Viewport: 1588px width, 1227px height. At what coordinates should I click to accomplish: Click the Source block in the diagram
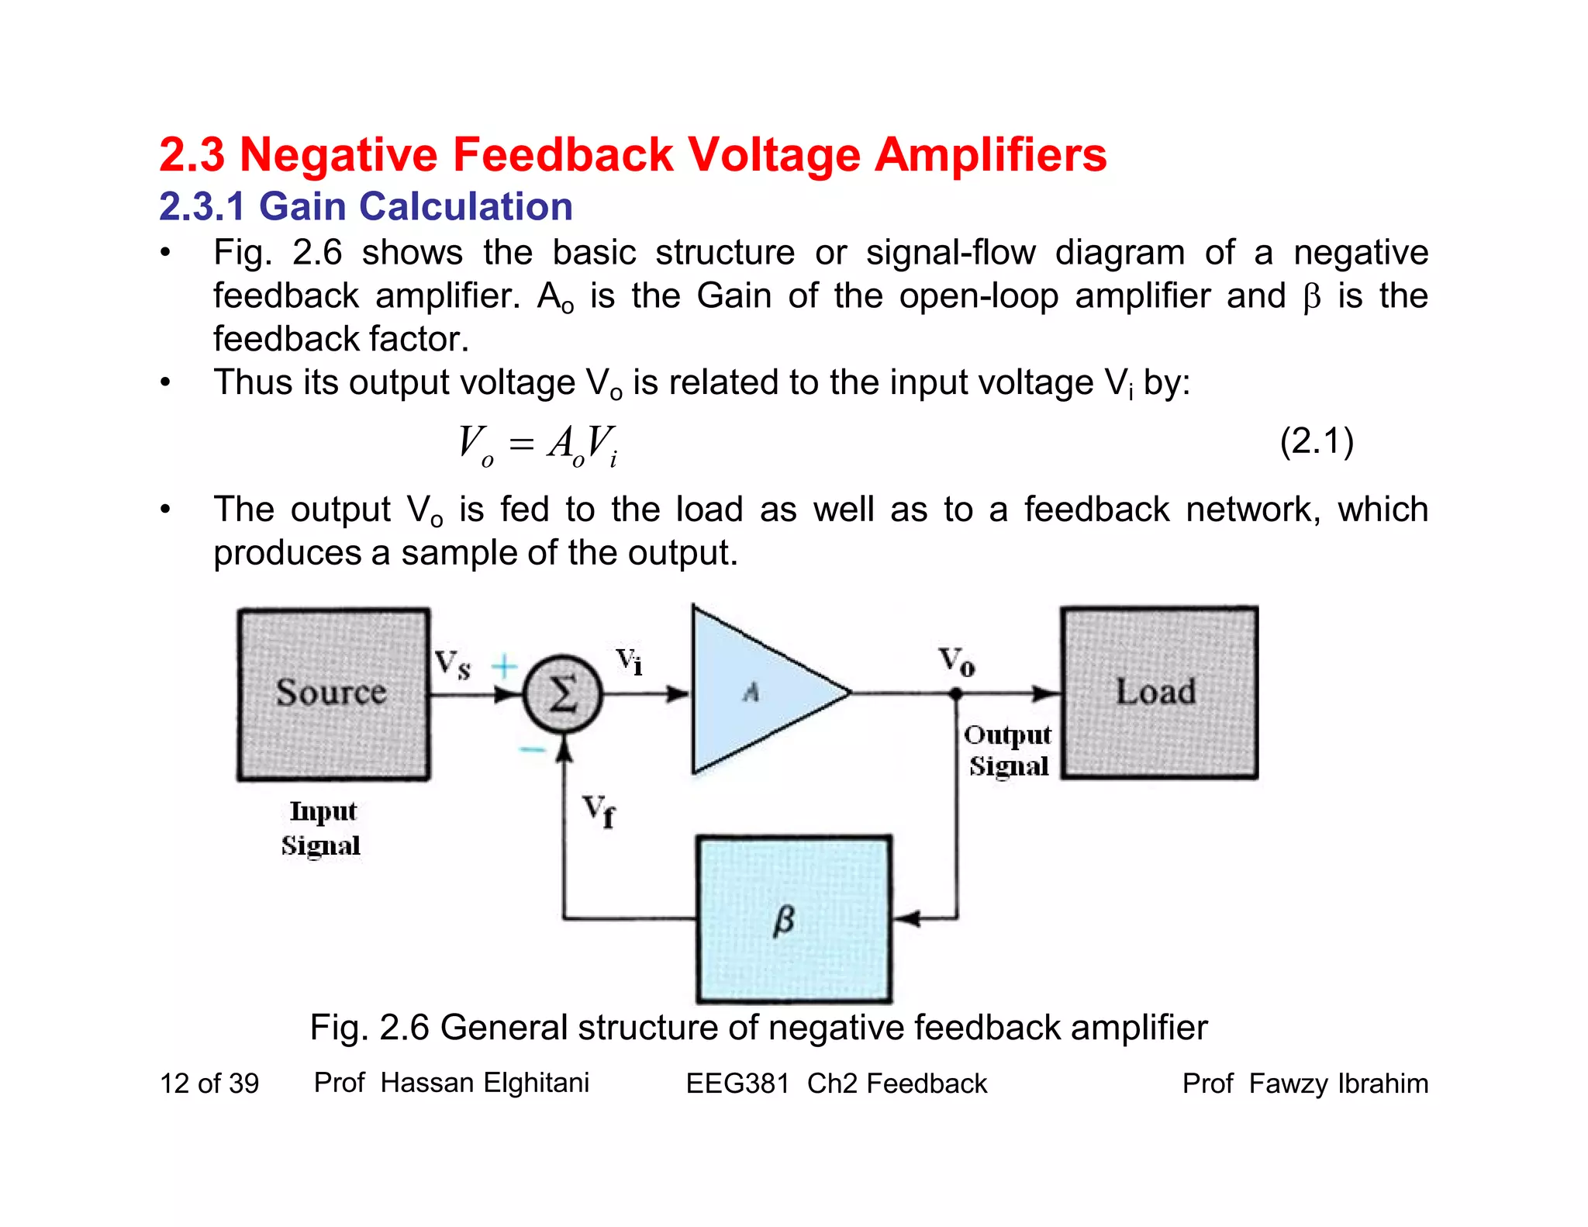tap(333, 694)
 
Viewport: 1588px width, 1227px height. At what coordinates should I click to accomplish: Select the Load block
tap(1158, 693)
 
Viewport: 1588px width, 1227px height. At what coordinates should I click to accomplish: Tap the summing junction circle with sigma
tap(563, 693)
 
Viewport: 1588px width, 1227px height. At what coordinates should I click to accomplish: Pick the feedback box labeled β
tap(793, 919)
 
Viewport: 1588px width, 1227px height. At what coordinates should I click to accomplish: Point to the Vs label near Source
tap(452, 665)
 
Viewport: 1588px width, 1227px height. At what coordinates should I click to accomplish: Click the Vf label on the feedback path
tap(599, 811)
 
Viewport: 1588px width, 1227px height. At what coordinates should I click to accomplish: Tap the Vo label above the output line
tap(957, 661)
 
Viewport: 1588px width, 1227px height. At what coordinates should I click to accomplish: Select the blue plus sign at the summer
tap(504, 665)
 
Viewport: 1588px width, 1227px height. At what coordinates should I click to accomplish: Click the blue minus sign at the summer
tap(532, 749)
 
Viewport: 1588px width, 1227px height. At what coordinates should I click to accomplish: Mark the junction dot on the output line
tap(956, 694)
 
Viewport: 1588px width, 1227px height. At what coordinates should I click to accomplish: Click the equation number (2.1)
tap(1316, 441)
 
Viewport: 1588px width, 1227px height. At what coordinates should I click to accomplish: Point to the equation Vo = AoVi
tap(538, 446)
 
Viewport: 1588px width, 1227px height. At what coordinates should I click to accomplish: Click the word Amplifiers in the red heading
tap(990, 154)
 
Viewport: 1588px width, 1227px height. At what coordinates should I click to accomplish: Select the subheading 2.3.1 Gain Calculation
tap(366, 206)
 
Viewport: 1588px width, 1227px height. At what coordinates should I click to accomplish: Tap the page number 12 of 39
tap(209, 1084)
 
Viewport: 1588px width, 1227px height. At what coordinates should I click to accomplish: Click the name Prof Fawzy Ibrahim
tap(1304, 1084)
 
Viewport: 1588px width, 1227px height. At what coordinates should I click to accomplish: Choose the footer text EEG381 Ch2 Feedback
tap(836, 1084)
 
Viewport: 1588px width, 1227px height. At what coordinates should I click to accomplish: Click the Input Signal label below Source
tap(322, 828)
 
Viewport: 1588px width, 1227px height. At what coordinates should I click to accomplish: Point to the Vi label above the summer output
tap(629, 662)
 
